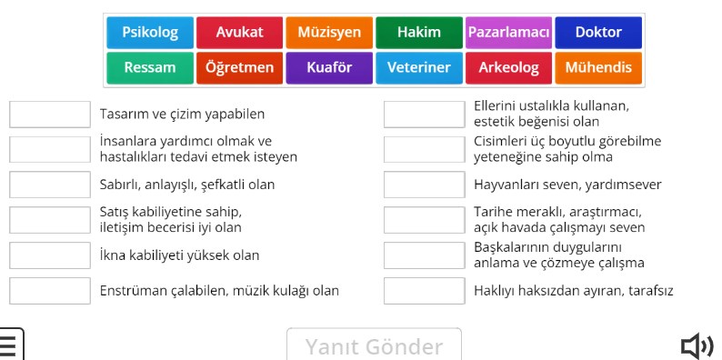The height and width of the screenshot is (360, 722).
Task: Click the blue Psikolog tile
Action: pos(150,33)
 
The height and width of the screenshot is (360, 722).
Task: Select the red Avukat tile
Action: pos(239,33)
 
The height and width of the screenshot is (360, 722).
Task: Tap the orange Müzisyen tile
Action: pos(329,33)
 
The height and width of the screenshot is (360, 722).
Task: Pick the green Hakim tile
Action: pos(418,33)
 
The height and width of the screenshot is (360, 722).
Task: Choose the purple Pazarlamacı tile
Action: pos(508,33)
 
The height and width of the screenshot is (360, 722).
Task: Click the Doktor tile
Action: pos(598,33)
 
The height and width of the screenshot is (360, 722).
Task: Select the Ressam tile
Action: pos(150,67)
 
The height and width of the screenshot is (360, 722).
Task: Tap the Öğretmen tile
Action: pos(239,67)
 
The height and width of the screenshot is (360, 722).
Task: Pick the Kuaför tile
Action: pos(329,67)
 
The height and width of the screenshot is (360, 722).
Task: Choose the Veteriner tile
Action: pos(418,67)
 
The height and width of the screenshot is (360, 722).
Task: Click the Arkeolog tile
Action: pos(508,67)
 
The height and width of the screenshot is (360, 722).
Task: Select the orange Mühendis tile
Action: pos(598,67)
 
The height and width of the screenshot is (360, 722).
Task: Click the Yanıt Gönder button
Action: pos(374,346)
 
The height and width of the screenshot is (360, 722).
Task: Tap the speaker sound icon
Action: pos(697,346)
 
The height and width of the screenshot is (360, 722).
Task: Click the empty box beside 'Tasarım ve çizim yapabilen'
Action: pos(50,115)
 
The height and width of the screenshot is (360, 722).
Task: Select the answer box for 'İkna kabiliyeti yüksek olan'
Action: pos(50,255)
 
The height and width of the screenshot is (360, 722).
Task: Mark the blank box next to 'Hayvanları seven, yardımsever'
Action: pos(424,185)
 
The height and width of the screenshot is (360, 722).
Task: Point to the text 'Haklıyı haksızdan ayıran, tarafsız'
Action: pos(574,291)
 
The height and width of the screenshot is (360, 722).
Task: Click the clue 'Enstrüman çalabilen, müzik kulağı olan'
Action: pos(219,291)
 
